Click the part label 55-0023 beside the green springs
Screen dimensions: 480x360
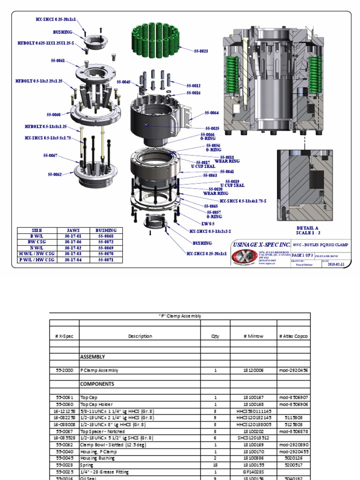coord(200,51)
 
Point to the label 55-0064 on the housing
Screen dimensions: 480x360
coord(212,113)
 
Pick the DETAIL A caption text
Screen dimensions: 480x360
coord(307,227)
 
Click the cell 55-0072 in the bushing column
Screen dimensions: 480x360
coord(106,241)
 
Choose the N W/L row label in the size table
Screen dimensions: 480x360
coord(37,247)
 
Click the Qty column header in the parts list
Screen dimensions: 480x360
coord(215,336)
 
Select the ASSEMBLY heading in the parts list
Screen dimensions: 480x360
coord(92,357)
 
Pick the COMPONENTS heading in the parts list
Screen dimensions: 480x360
coord(97,383)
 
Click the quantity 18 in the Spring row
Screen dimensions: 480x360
coord(215,465)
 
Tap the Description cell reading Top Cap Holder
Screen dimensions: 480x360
coord(97,404)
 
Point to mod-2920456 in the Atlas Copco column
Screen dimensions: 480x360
coord(293,370)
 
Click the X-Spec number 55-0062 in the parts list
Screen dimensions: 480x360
coord(64,445)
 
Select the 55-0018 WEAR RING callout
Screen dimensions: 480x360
coord(227,159)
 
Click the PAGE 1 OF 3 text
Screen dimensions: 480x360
coord(303,255)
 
